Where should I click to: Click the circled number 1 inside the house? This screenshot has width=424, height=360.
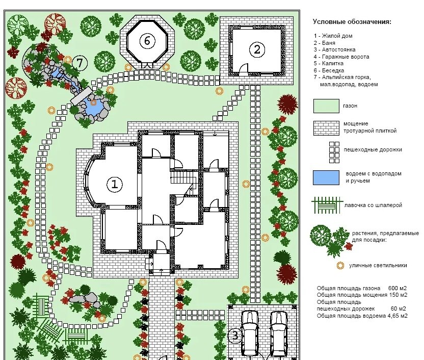[115, 184]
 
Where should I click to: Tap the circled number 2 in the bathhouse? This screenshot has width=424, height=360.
[257, 49]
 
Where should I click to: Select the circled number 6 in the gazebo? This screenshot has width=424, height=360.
[147, 41]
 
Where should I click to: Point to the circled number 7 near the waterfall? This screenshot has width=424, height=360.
[80, 63]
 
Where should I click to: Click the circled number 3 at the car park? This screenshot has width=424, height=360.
[235, 336]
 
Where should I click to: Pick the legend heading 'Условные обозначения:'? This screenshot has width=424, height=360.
[352, 22]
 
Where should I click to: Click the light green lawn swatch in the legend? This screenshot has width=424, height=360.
[326, 106]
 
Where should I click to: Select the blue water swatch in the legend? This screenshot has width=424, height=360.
[326, 177]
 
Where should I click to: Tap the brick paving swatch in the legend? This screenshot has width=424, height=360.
[326, 128]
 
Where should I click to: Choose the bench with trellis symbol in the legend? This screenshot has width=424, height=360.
[327, 205]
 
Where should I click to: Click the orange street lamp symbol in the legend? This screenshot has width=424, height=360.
[340, 266]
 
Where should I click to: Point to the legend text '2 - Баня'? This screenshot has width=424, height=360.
[325, 43]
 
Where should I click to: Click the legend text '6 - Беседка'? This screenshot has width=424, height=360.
[329, 70]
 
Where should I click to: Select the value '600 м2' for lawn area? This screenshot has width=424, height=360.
[397, 288]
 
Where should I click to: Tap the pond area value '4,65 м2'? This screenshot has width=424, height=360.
[397, 316]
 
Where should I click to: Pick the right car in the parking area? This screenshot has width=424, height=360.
[279, 334]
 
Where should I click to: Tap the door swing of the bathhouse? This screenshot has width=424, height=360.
[243, 68]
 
